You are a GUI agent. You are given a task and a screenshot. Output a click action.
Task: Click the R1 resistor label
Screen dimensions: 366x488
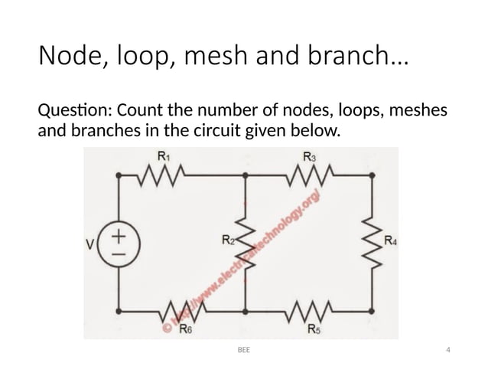pos(163,156)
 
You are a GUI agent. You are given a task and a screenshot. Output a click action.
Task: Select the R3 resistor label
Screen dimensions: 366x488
pos(308,156)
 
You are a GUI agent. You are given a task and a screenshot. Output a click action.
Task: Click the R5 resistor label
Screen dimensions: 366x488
pos(314,330)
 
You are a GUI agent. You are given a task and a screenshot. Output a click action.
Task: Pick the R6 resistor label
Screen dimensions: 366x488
pos(184,331)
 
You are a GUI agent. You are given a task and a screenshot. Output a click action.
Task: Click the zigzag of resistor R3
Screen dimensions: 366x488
pos(308,175)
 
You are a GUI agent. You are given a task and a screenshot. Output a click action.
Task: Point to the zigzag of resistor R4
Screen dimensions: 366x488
pos(373,243)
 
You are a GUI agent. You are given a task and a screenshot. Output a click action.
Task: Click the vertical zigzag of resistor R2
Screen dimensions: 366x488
pos(246,243)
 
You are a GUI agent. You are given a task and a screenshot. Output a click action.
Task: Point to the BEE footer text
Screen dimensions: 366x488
pos(243,351)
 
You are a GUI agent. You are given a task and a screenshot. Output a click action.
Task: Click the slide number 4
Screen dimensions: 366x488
pos(447,351)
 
